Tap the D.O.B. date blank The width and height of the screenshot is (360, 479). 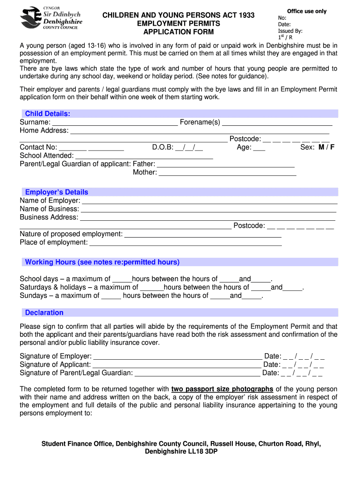[189, 147]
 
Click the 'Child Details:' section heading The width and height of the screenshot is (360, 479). [48, 114]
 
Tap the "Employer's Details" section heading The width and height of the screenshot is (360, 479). [57, 192]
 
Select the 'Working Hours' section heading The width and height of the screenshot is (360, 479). [102, 262]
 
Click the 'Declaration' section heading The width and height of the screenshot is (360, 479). [44, 312]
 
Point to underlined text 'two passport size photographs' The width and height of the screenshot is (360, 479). [222, 389]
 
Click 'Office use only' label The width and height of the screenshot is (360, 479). [307, 11]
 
